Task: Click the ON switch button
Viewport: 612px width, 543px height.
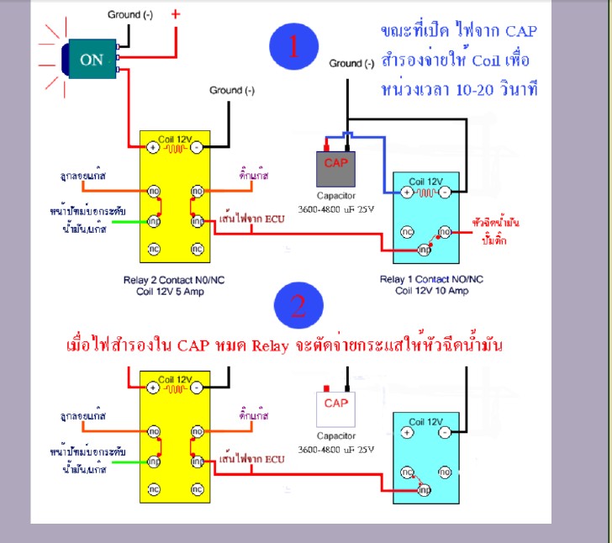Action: point(91,60)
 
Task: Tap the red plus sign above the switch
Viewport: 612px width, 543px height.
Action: point(175,15)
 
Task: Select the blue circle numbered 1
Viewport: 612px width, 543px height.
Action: point(294,47)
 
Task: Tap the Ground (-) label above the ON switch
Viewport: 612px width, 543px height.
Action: point(129,15)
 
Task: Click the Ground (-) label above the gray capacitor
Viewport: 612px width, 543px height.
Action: point(351,63)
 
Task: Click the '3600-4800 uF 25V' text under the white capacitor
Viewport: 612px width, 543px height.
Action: point(335,450)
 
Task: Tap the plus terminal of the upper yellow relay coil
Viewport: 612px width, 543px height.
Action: point(153,147)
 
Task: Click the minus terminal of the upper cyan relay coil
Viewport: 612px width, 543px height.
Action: point(445,192)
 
